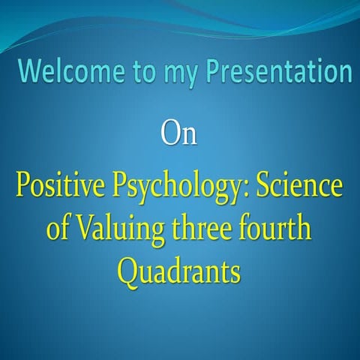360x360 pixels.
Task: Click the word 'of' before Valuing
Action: pyautogui.click(x=57, y=228)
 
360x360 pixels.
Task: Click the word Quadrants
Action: pyautogui.click(x=179, y=271)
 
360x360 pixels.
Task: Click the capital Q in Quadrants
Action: pyautogui.click(x=129, y=271)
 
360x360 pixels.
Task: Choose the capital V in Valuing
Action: pyautogui.click(x=82, y=228)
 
